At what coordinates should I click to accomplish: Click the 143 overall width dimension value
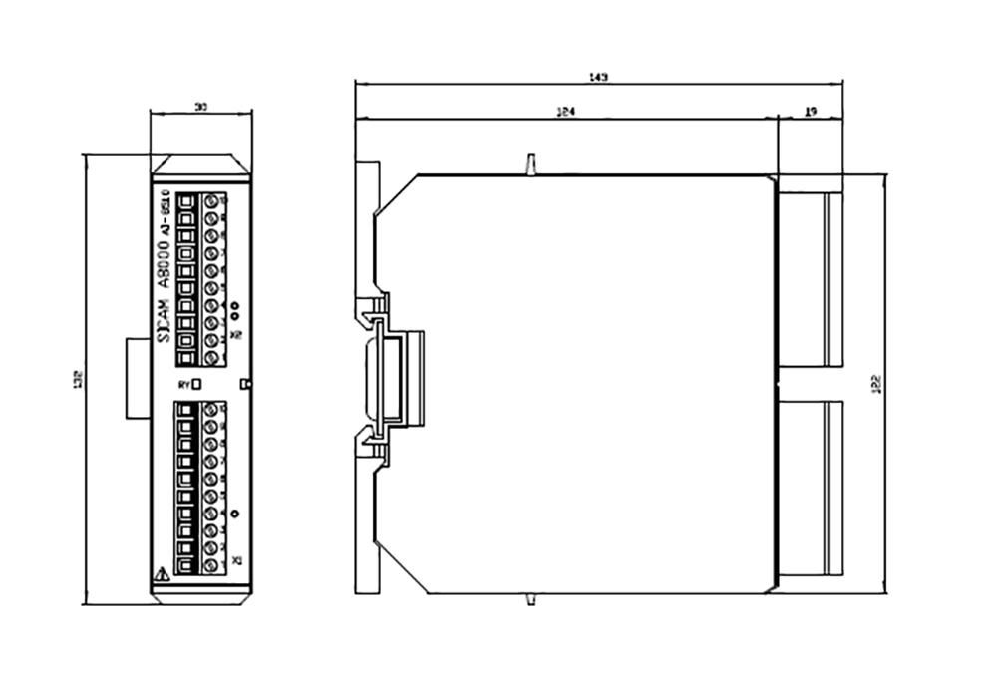coord(599,77)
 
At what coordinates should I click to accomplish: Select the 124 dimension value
coord(565,113)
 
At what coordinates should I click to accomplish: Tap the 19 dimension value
coord(810,113)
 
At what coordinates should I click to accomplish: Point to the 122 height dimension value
coord(875,383)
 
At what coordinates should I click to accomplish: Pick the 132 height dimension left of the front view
coord(78,379)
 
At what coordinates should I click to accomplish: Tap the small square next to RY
coord(196,383)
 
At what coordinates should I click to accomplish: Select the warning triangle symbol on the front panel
coord(163,574)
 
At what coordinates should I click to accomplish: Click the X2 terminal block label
coord(236,335)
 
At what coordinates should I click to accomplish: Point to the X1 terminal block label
coord(236,562)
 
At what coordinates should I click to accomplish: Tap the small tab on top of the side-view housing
coord(531,163)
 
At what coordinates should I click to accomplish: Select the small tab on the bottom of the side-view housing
coord(531,598)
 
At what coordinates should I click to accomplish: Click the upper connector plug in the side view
coord(810,280)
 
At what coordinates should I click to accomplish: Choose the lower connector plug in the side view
coord(810,488)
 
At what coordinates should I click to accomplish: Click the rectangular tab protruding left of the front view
coord(137,379)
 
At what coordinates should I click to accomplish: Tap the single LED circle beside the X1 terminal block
coord(235,514)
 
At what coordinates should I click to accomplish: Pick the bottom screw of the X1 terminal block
coord(211,565)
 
